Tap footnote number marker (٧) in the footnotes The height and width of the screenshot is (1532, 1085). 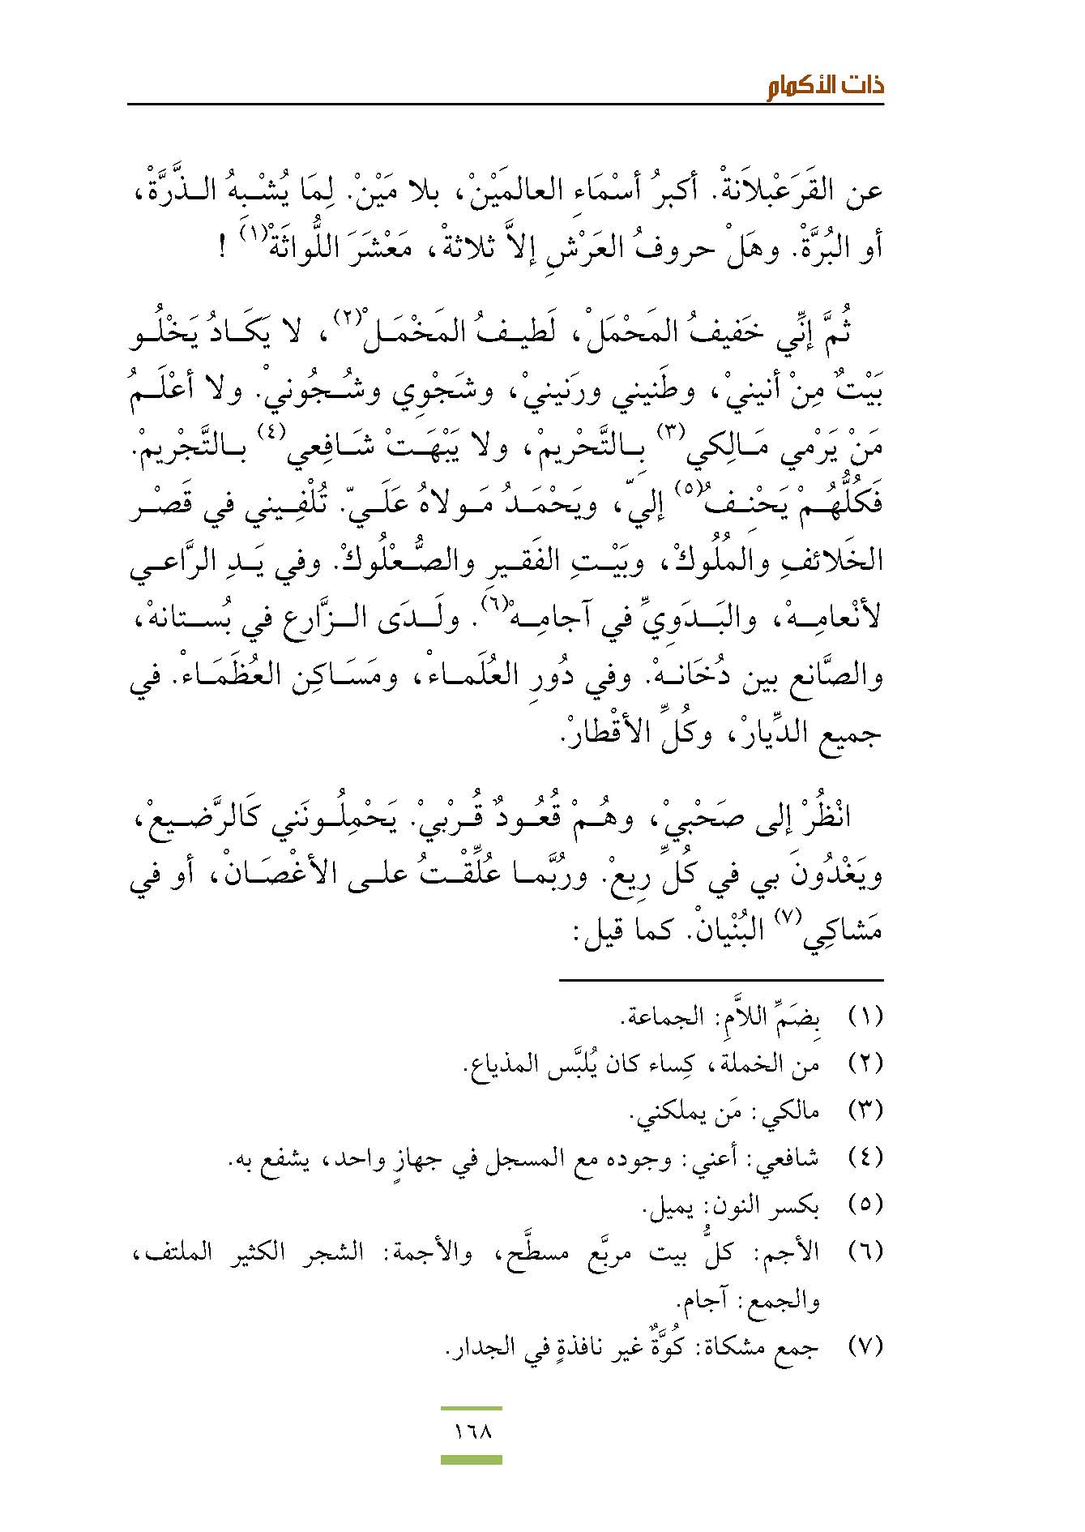(865, 1347)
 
